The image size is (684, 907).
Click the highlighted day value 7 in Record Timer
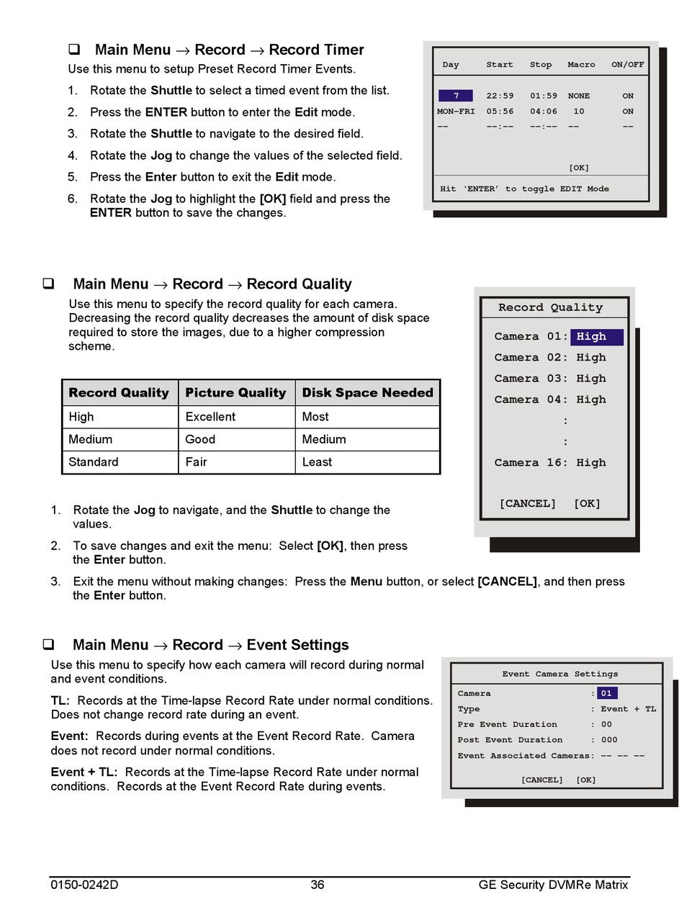456,96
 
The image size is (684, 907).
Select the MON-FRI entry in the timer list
456,112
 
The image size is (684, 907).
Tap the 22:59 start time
500,96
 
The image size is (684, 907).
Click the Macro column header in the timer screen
581,65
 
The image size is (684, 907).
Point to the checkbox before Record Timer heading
73,50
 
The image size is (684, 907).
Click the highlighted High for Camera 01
596,337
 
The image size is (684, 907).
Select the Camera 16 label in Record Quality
531,463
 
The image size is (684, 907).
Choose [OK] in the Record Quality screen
587,504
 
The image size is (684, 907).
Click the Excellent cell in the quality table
210,417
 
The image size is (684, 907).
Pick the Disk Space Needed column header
367,393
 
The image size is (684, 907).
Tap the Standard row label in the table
93,462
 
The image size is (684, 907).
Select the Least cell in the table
317,462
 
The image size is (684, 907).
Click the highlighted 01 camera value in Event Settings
606,694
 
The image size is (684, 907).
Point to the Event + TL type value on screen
629,709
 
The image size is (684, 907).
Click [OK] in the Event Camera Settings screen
586,780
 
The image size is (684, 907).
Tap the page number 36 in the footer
318,885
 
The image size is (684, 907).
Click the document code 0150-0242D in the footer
84,885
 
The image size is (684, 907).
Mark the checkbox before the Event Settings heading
49,644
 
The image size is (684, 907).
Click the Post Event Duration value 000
609,740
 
